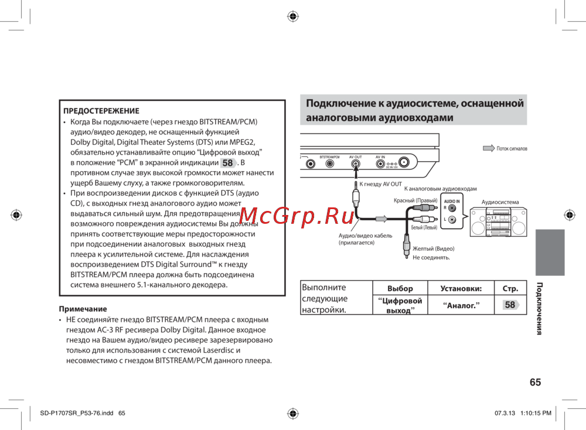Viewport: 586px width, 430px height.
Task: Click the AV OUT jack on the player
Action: [x=355, y=164]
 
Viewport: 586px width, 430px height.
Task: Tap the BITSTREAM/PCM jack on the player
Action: [x=329, y=164]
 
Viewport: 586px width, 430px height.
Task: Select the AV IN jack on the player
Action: [x=380, y=164]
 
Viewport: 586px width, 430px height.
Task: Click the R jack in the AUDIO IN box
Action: [x=452, y=207]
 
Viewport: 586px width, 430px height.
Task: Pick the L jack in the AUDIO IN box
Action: [x=452, y=219]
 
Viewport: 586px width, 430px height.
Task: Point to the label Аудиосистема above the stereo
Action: [x=500, y=202]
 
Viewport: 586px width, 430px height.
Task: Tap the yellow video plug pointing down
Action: [x=405, y=248]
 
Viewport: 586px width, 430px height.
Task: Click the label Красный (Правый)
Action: [x=415, y=201]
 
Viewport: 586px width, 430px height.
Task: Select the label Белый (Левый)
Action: [x=424, y=227]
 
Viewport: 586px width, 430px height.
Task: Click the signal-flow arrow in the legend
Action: [x=489, y=149]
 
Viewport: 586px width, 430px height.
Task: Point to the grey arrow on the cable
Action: [x=381, y=219]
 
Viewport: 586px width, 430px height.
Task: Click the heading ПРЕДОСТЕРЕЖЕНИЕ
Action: [x=101, y=111]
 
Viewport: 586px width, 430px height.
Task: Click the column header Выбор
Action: [x=400, y=288]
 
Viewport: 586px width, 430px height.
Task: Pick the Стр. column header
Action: [x=510, y=288]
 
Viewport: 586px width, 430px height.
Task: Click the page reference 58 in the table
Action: [x=510, y=305]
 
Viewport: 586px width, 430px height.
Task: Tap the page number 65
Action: [x=534, y=383]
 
